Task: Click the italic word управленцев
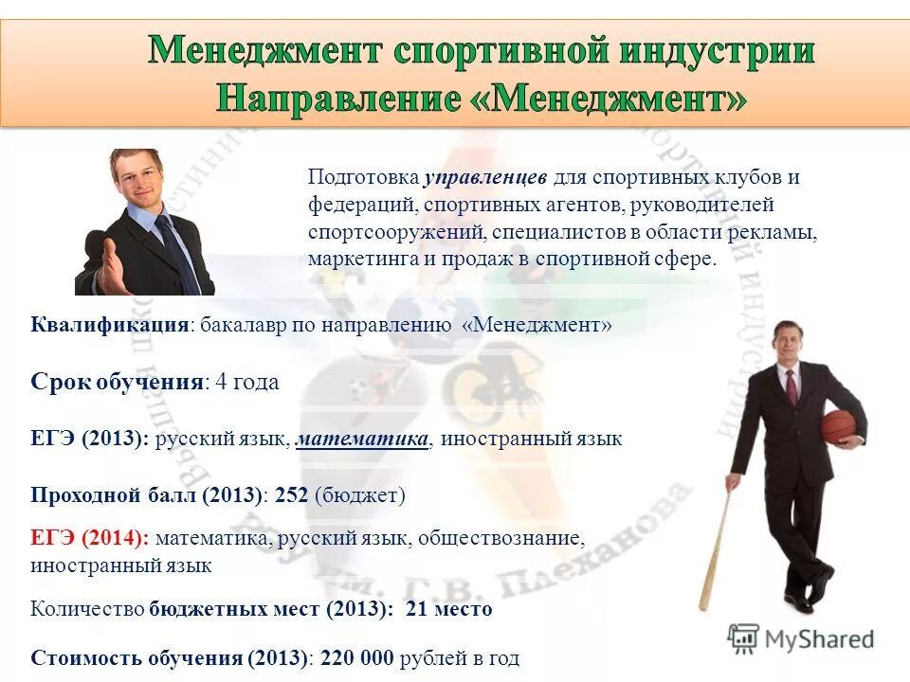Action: point(485,178)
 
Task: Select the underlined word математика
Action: point(363,439)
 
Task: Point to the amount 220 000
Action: point(357,657)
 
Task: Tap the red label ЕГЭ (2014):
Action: point(90,538)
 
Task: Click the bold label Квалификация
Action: point(110,325)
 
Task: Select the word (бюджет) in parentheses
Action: point(360,494)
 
